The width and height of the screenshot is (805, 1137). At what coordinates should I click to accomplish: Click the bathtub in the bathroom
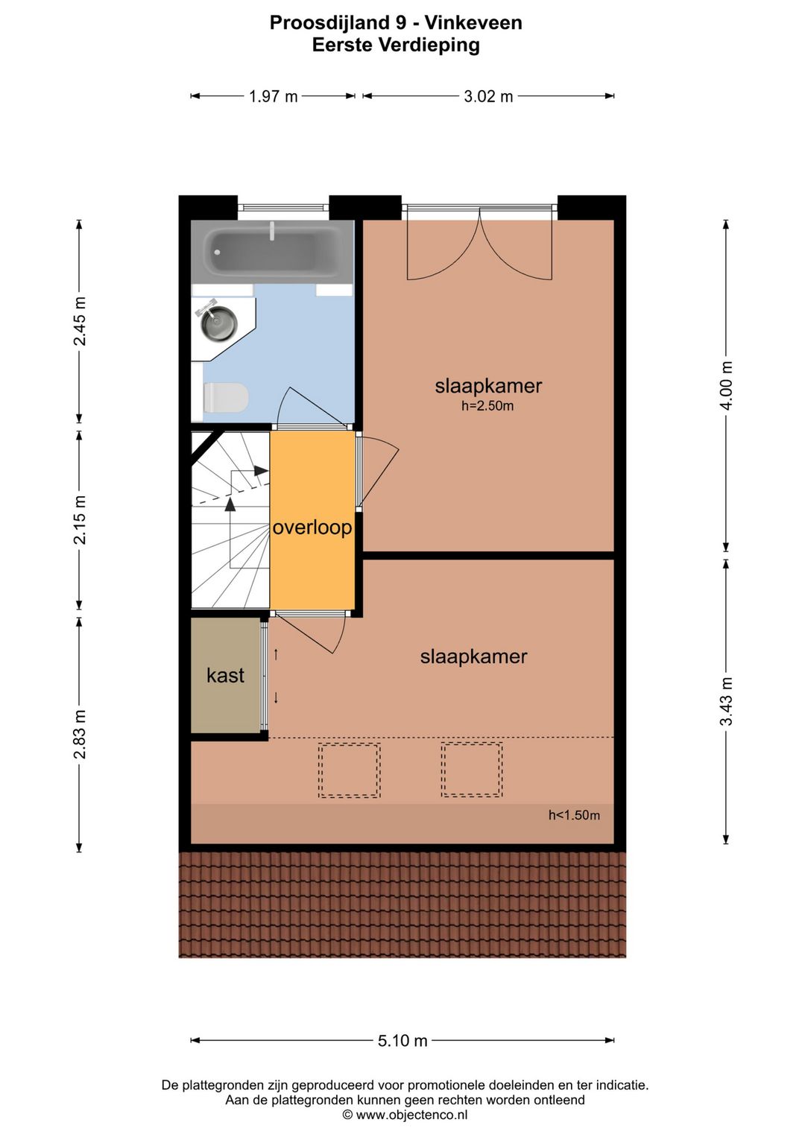click(272, 253)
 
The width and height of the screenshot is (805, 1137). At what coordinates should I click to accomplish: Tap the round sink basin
click(218, 323)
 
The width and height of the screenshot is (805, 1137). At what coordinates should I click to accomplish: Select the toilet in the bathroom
click(225, 397)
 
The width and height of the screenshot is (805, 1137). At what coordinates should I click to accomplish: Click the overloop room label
click(312, 528)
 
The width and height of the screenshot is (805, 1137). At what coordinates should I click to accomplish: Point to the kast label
click(226, 676)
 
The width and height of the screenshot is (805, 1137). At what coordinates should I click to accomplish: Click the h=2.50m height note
click(487, 406)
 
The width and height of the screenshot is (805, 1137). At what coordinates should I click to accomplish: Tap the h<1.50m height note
click(574, 815)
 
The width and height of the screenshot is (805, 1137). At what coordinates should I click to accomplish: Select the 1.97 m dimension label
click(273, 96)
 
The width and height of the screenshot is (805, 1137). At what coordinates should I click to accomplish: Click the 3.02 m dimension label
click(488, 96)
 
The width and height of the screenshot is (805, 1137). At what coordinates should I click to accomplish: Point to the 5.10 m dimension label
click(402, 1041)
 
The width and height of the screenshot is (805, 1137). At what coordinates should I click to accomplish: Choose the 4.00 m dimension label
click(727, 386)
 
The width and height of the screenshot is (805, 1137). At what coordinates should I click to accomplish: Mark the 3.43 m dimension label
click(727, 701)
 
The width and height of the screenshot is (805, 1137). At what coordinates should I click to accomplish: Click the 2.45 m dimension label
click(80, 321)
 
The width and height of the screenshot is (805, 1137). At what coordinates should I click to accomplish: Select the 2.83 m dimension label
click(80, 735)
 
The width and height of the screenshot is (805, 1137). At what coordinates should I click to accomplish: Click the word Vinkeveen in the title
click(473, 23)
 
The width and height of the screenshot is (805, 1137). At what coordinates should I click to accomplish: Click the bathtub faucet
click(272, 230)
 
